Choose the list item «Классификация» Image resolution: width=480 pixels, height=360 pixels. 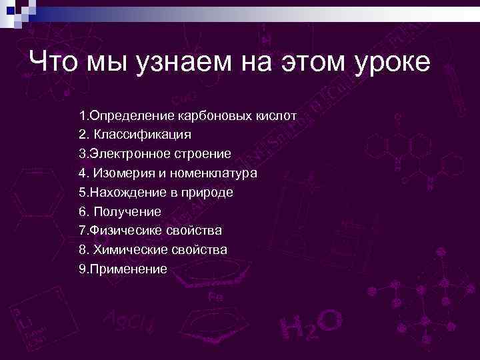pyautogui.click(x=142, y=135)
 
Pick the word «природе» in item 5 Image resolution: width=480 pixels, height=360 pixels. pyautogui.click(x=208, y=193)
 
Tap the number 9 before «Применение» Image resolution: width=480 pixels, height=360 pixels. pyautogui.click(x=81, y=269)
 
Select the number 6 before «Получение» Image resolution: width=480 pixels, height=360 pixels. pyautogui.click(x=82, y=212)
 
